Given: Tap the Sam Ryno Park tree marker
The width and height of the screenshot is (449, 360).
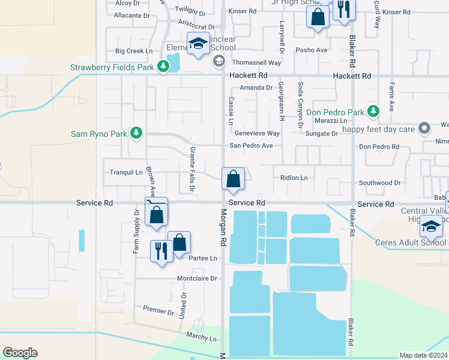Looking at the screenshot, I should click(x=136, y=133).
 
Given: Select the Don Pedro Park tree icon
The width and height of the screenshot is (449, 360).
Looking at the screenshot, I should click(x=373, y=112).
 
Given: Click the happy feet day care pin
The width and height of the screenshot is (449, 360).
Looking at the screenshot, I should click(x=425, y=128).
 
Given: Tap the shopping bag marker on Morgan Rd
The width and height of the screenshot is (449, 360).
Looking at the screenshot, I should click(x=233, y=179).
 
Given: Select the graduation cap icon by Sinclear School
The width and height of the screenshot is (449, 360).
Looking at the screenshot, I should click(x=197, y=44).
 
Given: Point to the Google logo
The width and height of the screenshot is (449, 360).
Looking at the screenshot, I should click(x=20, y=353).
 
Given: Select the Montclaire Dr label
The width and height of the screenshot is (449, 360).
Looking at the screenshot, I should click(x=196, y=279).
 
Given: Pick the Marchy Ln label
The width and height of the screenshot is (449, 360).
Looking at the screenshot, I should click(x=201, y=338).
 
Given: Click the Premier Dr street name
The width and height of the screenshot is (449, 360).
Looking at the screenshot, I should click(x=158, y=310).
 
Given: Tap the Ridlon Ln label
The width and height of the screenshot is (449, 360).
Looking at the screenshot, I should click(x=294, y=178).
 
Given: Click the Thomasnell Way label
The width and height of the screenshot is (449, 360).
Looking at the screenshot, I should click(x=256, y=62).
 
